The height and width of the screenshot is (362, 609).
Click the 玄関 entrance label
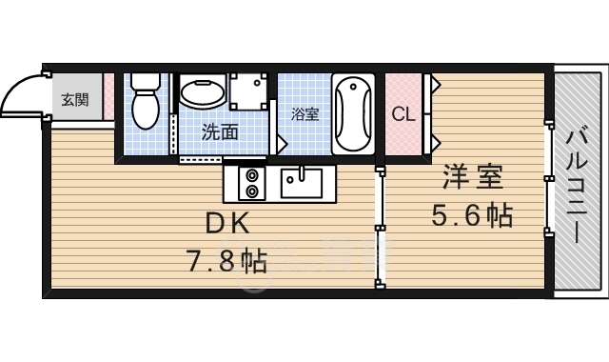click(x=75, y=100)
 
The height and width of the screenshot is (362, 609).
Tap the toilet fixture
click(x=146, y=101)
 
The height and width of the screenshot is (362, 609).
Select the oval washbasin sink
click(x=203, y=91)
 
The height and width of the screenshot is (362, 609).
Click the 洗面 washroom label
click(x=220, y=132)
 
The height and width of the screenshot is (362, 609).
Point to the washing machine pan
click(x=248, y=91)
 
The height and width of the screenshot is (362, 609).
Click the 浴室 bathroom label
click(x=305, y=114)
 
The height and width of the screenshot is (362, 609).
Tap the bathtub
click(x=353, y=114)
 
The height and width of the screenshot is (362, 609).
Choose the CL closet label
click(x=403, y=114)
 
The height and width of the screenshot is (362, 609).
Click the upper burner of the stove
click(x=252, y=176)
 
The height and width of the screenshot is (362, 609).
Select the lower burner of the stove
click(x=252, y=191)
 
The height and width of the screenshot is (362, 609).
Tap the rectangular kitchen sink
click(x=302, y=183)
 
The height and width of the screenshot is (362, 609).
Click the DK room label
click(x=227, y=225)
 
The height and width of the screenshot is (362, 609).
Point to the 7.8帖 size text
click(x=227, y=261)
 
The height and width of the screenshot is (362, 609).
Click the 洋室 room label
click(x=474, y=177)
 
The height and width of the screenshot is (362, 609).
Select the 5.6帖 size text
click(x=472, y=215)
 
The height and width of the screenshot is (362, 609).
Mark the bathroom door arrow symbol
click(x=282, y=144)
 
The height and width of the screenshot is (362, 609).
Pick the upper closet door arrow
click(x=436, y=83)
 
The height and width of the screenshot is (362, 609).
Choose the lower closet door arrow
click(x=436, y=142)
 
